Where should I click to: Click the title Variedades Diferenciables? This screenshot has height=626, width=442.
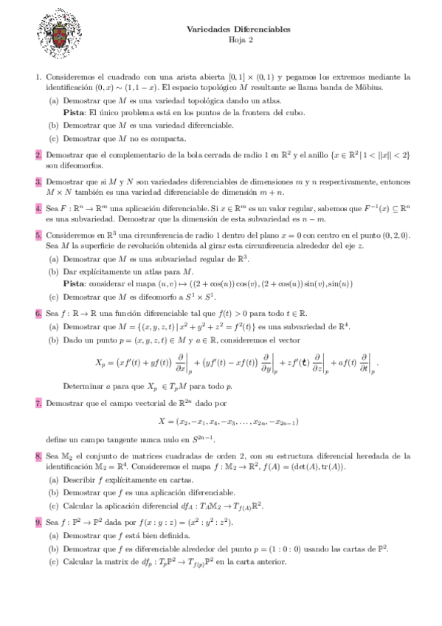point(238,29)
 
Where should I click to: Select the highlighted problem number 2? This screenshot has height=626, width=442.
point(38,155)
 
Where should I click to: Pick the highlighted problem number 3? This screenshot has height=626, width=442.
point(38,180)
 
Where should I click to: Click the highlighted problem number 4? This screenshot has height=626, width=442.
point(38,209)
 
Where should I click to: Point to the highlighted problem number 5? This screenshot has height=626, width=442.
point(38,235)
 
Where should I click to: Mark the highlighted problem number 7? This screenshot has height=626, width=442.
point(38,404)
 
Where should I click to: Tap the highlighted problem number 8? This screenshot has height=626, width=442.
point(38,457)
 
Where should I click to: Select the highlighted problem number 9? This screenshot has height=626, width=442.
point(38,522)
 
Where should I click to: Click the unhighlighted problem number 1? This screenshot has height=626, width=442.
point(38,76)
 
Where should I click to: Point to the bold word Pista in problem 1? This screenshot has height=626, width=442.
point(73,112)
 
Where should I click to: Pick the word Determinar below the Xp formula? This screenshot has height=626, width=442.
point(83,385)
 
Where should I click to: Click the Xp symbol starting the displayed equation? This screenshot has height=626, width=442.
point(101,363)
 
